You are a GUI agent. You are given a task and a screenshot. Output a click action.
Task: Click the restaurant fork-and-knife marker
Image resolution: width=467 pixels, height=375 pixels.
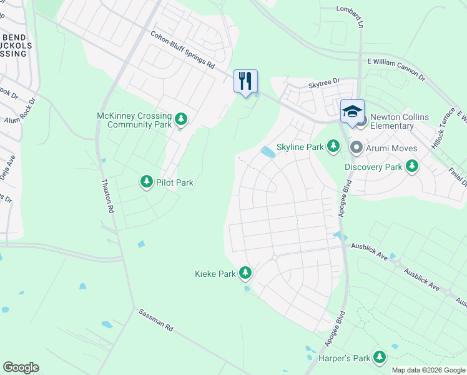(x=245, y=81)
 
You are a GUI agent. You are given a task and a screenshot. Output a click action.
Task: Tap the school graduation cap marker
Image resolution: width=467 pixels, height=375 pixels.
(x=352, y=111)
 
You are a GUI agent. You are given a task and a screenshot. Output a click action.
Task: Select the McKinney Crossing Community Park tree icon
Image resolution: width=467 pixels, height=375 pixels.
(x=181, y=119)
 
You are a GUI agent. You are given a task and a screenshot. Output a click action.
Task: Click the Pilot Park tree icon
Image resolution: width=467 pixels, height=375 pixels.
(x=147, y=182)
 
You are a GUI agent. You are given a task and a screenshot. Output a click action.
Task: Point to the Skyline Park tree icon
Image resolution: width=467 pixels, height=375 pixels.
(x=333, y=146)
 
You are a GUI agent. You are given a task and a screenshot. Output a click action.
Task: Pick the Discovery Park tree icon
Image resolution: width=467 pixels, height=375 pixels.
(x=411, y=166)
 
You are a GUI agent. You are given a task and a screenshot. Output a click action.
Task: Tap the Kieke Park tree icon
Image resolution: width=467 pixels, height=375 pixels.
(x=246, y=272)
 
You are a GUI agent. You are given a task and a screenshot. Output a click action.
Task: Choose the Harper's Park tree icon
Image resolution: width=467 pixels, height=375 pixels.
(x=378, y=357)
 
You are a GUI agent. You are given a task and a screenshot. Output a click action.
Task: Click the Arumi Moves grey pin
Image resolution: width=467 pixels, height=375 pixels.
(x=356, y=147)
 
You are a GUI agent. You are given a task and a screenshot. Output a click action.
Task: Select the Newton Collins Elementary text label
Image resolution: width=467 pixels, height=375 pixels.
(x=391, y=121)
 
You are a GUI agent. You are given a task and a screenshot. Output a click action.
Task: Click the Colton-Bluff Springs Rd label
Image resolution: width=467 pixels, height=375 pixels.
(x=182, y=51)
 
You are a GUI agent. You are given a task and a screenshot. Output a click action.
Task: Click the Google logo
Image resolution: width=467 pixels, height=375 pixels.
(x=21, y=367)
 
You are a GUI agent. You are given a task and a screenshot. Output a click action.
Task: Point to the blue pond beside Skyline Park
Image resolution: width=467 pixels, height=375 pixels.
(x=268, y=152)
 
